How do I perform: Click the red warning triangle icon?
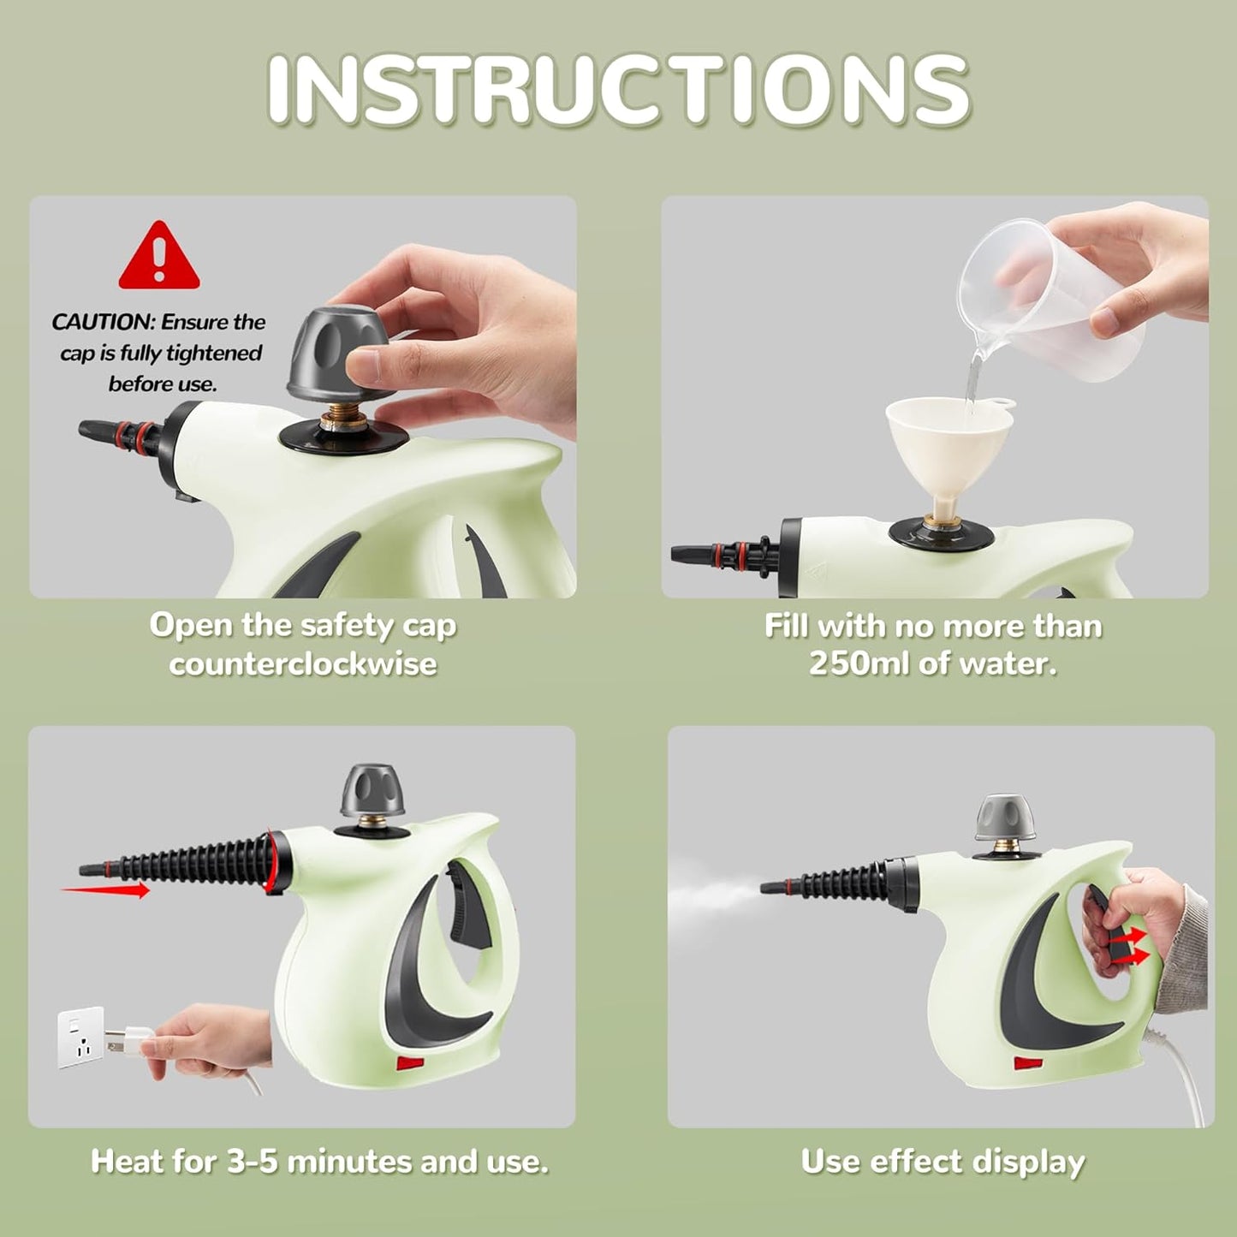[159, 258]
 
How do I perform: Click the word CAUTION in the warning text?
[102, 323]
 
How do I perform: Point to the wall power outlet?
[80, 1037]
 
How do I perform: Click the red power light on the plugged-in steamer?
[409, 1064]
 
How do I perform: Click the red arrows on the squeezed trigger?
[1128, 945]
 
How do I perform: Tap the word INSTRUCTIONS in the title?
[618, 89]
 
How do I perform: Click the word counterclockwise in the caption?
[303, 663]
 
